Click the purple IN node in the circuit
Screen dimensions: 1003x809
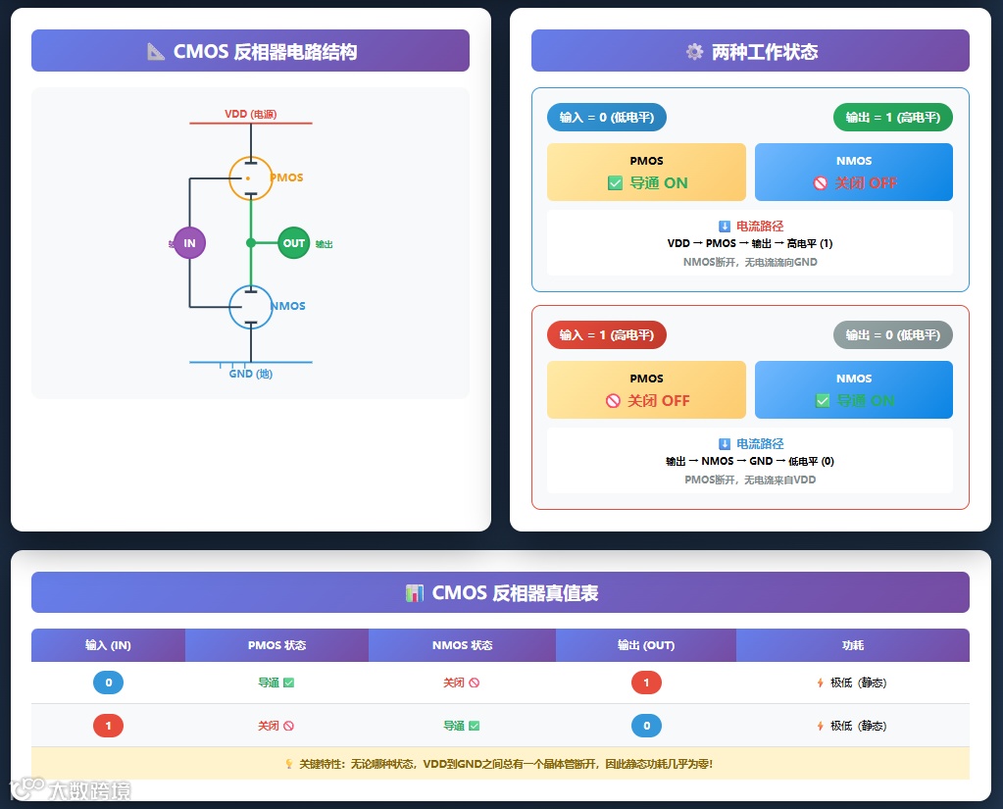click(189, 242)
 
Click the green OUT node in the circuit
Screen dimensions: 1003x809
click(293, 242)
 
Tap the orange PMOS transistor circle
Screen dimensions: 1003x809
click(250, 177)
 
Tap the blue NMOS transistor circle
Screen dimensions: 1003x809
click(250, 306)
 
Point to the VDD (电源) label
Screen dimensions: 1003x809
click(250, 114)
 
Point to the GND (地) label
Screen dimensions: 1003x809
click(250, 374)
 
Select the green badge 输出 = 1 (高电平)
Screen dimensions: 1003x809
click(892, 118)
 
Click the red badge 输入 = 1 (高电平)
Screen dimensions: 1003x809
click(606, 335)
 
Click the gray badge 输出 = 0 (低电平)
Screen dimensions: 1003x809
click(892, 335)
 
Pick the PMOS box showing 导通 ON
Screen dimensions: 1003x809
click(646, 172)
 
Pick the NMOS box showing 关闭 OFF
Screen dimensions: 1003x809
click(853, 172)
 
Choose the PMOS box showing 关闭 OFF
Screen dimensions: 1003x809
click(646, 389)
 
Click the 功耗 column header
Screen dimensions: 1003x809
click(852, 645)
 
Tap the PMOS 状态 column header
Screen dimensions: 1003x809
click(276, 645)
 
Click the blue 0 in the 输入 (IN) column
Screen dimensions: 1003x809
click(108, 683)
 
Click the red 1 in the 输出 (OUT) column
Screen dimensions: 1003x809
click(646, 683)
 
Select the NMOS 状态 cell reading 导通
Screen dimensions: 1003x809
click(461, 726)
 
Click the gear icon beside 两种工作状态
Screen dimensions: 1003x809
click(694, 52)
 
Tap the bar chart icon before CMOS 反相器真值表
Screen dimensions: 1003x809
click(414, 593)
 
